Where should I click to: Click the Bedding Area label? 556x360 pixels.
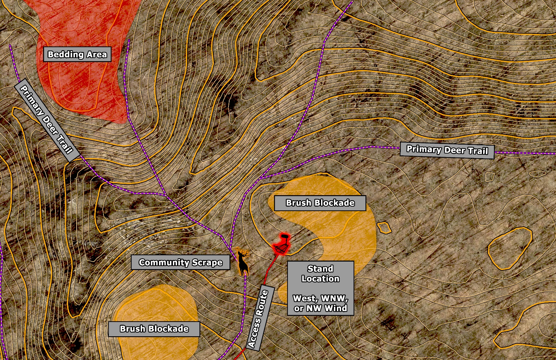[77, 54]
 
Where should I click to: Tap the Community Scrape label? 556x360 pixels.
[180, 262]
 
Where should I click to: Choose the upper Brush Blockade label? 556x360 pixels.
[320, 203]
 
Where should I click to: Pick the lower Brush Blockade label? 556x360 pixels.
[154, 329]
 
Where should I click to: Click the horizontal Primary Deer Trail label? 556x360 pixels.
[447, 150]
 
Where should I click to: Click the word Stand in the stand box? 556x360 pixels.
[320, 269]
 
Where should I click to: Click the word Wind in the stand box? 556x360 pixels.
[336, 308]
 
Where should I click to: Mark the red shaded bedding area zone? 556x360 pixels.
[85, 88]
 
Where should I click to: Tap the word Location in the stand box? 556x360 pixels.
[320, 279]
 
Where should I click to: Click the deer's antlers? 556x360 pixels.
[243, 253]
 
